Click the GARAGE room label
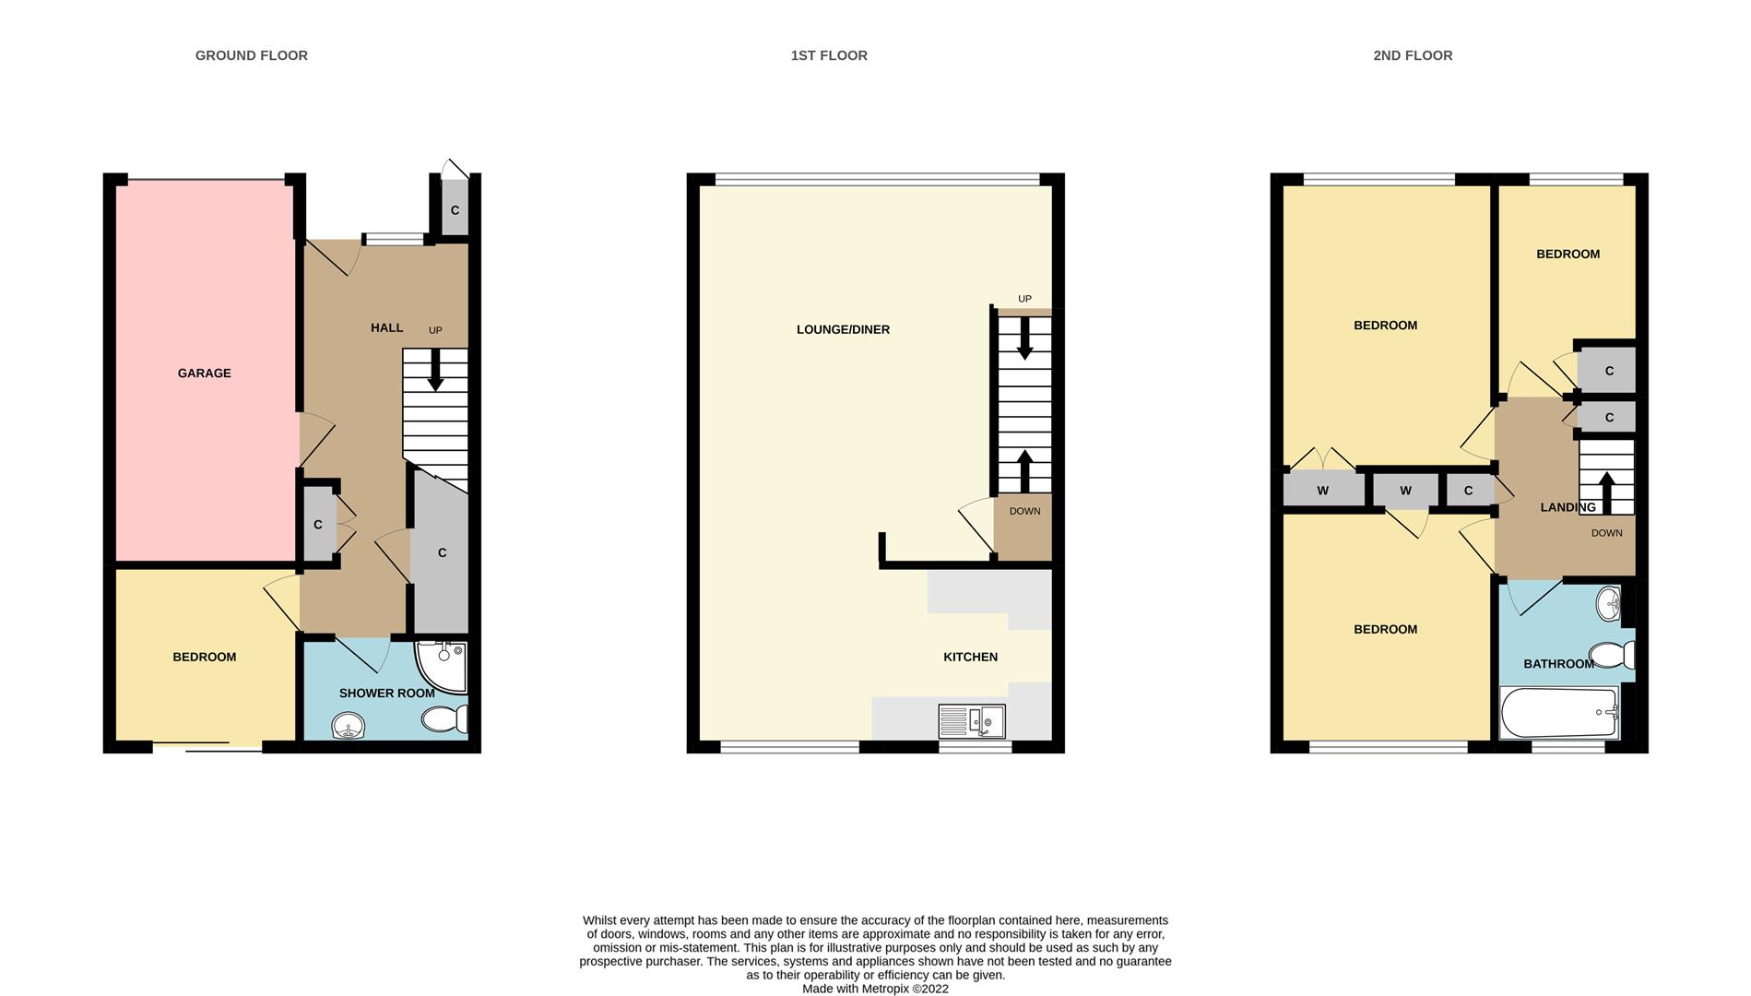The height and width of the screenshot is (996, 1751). click(x=204, y=373)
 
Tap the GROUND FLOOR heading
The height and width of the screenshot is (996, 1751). click(x=251, y=55)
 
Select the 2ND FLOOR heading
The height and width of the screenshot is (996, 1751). click(x=1412, y=55)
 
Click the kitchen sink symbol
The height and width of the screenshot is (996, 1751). click(x=972, y=721)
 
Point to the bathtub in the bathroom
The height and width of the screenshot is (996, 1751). click(x=1559, y=713)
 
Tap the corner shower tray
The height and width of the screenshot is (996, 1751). click(x=443, y=666)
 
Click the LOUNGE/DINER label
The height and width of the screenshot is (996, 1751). click(x=843, y=329)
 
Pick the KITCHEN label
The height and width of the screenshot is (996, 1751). click(x=970, y=657)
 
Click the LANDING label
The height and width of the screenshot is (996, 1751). click(x=1568, y=507)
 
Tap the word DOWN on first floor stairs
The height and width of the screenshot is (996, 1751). click(x=1024, y=511)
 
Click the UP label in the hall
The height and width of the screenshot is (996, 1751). click(x=435, y=330)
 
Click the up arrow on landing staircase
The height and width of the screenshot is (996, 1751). click(x=1606, y=492)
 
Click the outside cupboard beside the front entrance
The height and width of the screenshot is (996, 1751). click(x=455, y=210)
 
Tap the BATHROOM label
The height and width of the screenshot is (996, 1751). click(x=1558, y=664)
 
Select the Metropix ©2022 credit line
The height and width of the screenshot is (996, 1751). click(x=875, y=989)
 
